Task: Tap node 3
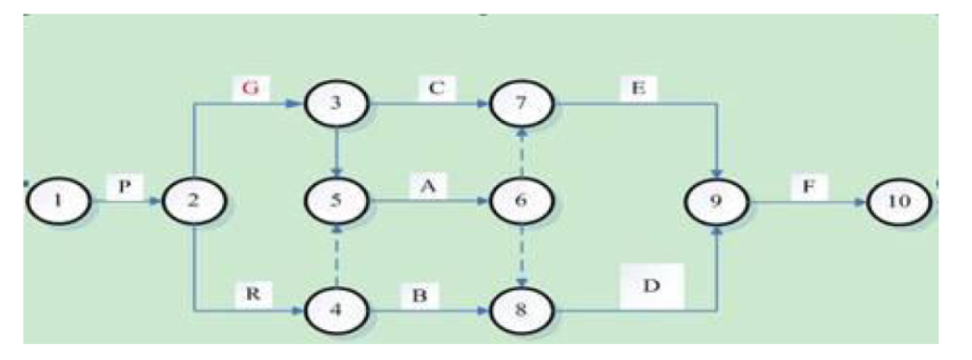[335, 106]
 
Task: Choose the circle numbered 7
[522, 106]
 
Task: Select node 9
[716, 204]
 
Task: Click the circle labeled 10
[899, 204]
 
